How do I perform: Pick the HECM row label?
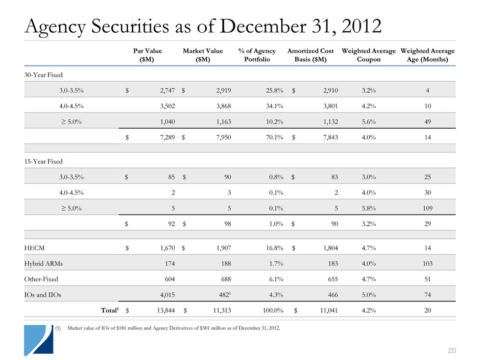click(x=33, y=248)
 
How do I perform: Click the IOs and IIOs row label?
click(x=43, y=295)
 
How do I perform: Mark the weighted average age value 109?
click(x=427, y=208)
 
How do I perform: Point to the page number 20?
click(x=451, y=349)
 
